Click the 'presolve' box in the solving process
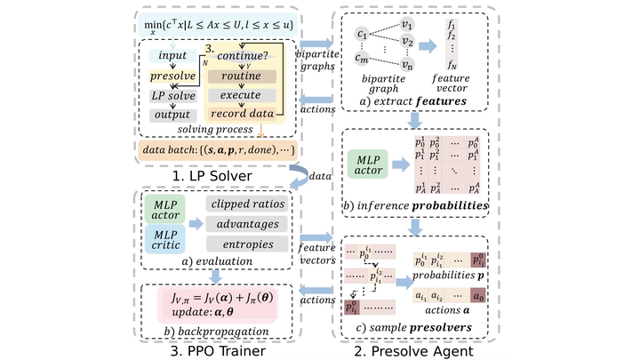[172, 76]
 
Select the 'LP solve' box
[172, 95]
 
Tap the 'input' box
[172, 56]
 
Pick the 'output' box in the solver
[172, 114]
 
